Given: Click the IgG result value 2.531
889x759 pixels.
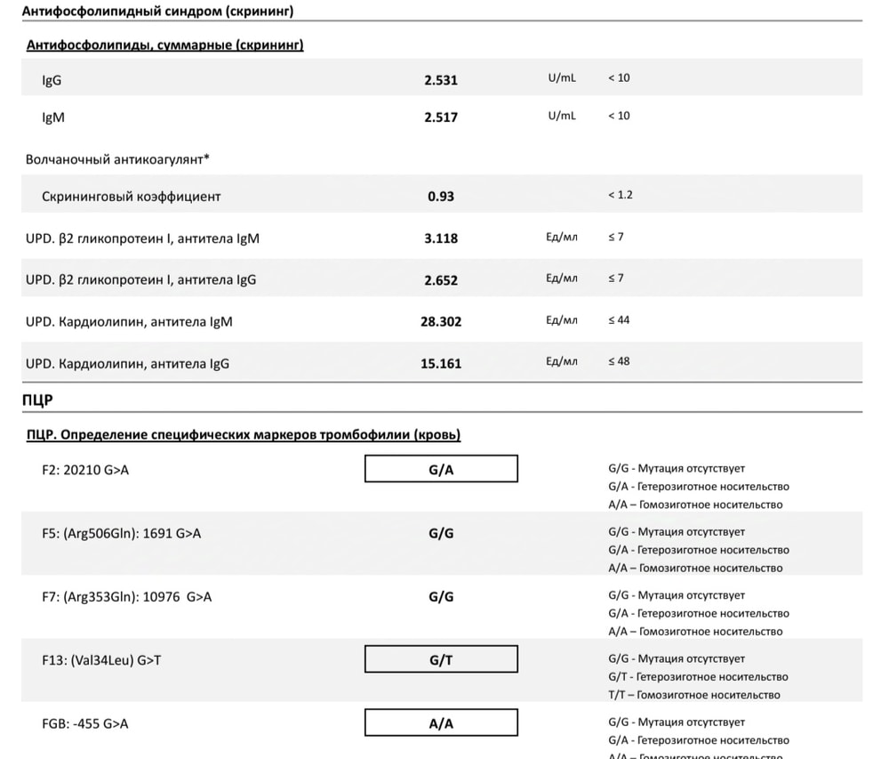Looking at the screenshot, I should coord(441,80).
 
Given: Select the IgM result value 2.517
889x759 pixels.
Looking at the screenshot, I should coord(441,117).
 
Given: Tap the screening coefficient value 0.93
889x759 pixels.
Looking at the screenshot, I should coord(441,196).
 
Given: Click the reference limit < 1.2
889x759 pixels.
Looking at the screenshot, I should coord(621,195).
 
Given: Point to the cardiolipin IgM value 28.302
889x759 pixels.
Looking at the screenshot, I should coord(441,321).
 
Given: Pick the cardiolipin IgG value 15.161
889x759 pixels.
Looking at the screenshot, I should coord(441,363).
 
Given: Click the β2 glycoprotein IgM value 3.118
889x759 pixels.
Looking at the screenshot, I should coord(441,239).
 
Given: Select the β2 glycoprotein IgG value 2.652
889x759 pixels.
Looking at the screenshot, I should coord(441,280).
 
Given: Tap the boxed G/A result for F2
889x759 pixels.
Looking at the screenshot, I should coord(441,469).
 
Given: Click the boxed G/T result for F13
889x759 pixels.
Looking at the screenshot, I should coord(441,659).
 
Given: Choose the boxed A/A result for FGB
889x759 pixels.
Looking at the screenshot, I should coord(441,723).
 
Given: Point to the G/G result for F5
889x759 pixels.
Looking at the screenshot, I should coord(441,533).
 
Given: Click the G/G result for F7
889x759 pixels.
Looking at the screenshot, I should coord(441,597).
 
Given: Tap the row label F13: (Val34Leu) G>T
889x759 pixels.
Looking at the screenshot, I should coord(95,660).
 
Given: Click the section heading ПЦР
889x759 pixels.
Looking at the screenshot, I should coord(37,400).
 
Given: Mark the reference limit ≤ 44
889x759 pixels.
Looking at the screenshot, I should coord(619,320).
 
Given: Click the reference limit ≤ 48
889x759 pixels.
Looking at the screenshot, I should coord(619,361).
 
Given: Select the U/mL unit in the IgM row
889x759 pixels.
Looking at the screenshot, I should coord(562,116).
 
